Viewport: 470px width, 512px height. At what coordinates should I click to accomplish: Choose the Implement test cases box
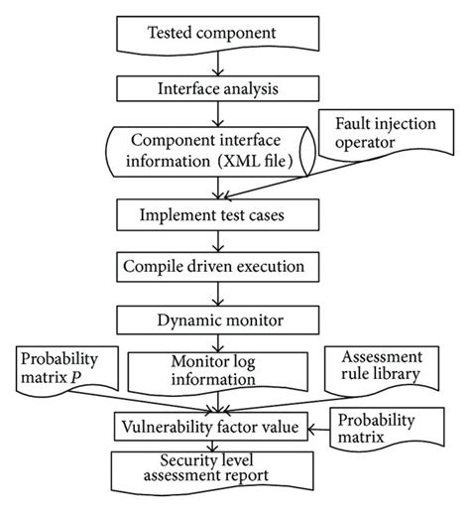tap(214, 213)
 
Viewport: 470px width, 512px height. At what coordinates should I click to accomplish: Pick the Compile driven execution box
tap(214, 267)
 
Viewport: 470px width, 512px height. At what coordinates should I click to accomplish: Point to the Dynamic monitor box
tap(214, 320)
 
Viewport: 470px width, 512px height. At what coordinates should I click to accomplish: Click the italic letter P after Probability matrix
tap(88, 378)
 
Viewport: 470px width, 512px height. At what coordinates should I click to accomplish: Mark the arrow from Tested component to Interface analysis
tap(214, 64)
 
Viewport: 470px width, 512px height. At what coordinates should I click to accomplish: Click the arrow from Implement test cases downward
tap(214, 239)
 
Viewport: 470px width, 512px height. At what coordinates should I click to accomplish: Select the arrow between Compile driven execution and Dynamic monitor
tap(214, 294)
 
